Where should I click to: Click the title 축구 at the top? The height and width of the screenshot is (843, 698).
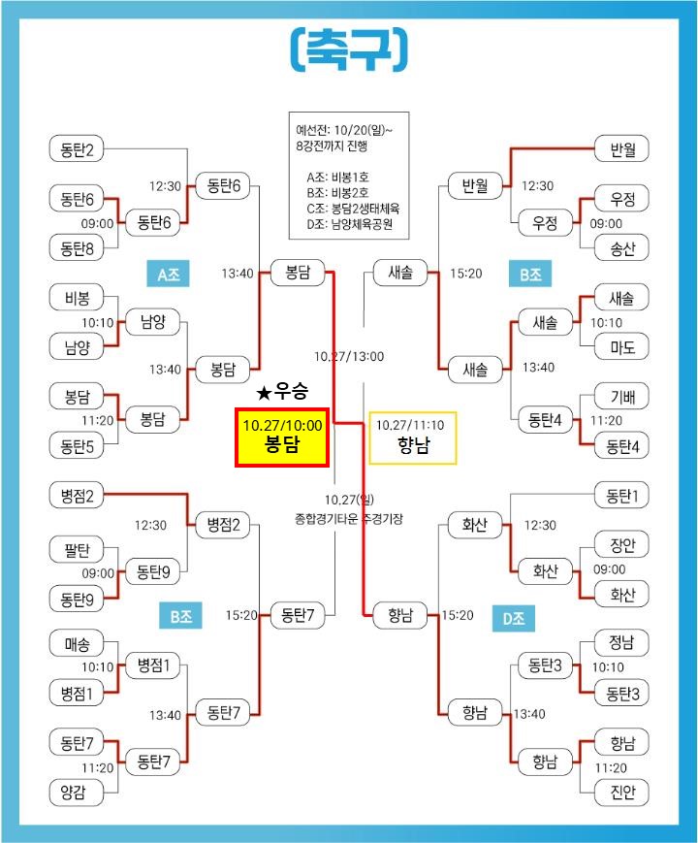pos(348,48)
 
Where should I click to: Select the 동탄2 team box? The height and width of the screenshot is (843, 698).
pos(77,149)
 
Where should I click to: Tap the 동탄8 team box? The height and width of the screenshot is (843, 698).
pos(77,248)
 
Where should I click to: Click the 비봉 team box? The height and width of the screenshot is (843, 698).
pos(77,298)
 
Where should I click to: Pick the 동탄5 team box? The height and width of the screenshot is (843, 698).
pos(77,445)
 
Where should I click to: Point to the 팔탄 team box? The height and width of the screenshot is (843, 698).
pos(77,550)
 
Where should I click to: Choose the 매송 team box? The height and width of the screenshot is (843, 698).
pos(77,642)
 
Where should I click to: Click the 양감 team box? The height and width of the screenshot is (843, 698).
pos(77,793)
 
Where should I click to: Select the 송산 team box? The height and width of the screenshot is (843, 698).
pos(621,248)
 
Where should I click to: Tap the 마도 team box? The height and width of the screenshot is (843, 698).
pos(621,346)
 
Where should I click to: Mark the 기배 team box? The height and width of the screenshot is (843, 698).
pos(621,396)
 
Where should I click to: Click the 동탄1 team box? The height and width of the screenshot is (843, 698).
pos(621,496)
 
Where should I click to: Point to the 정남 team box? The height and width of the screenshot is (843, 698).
pos(621,642)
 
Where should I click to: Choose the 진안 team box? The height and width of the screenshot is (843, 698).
pos(621,793)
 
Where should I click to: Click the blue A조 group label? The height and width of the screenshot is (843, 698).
pos(168,275)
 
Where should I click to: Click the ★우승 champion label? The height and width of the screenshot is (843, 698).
pos(282,393)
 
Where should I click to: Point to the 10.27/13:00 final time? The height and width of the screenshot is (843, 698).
pos(349,356)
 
